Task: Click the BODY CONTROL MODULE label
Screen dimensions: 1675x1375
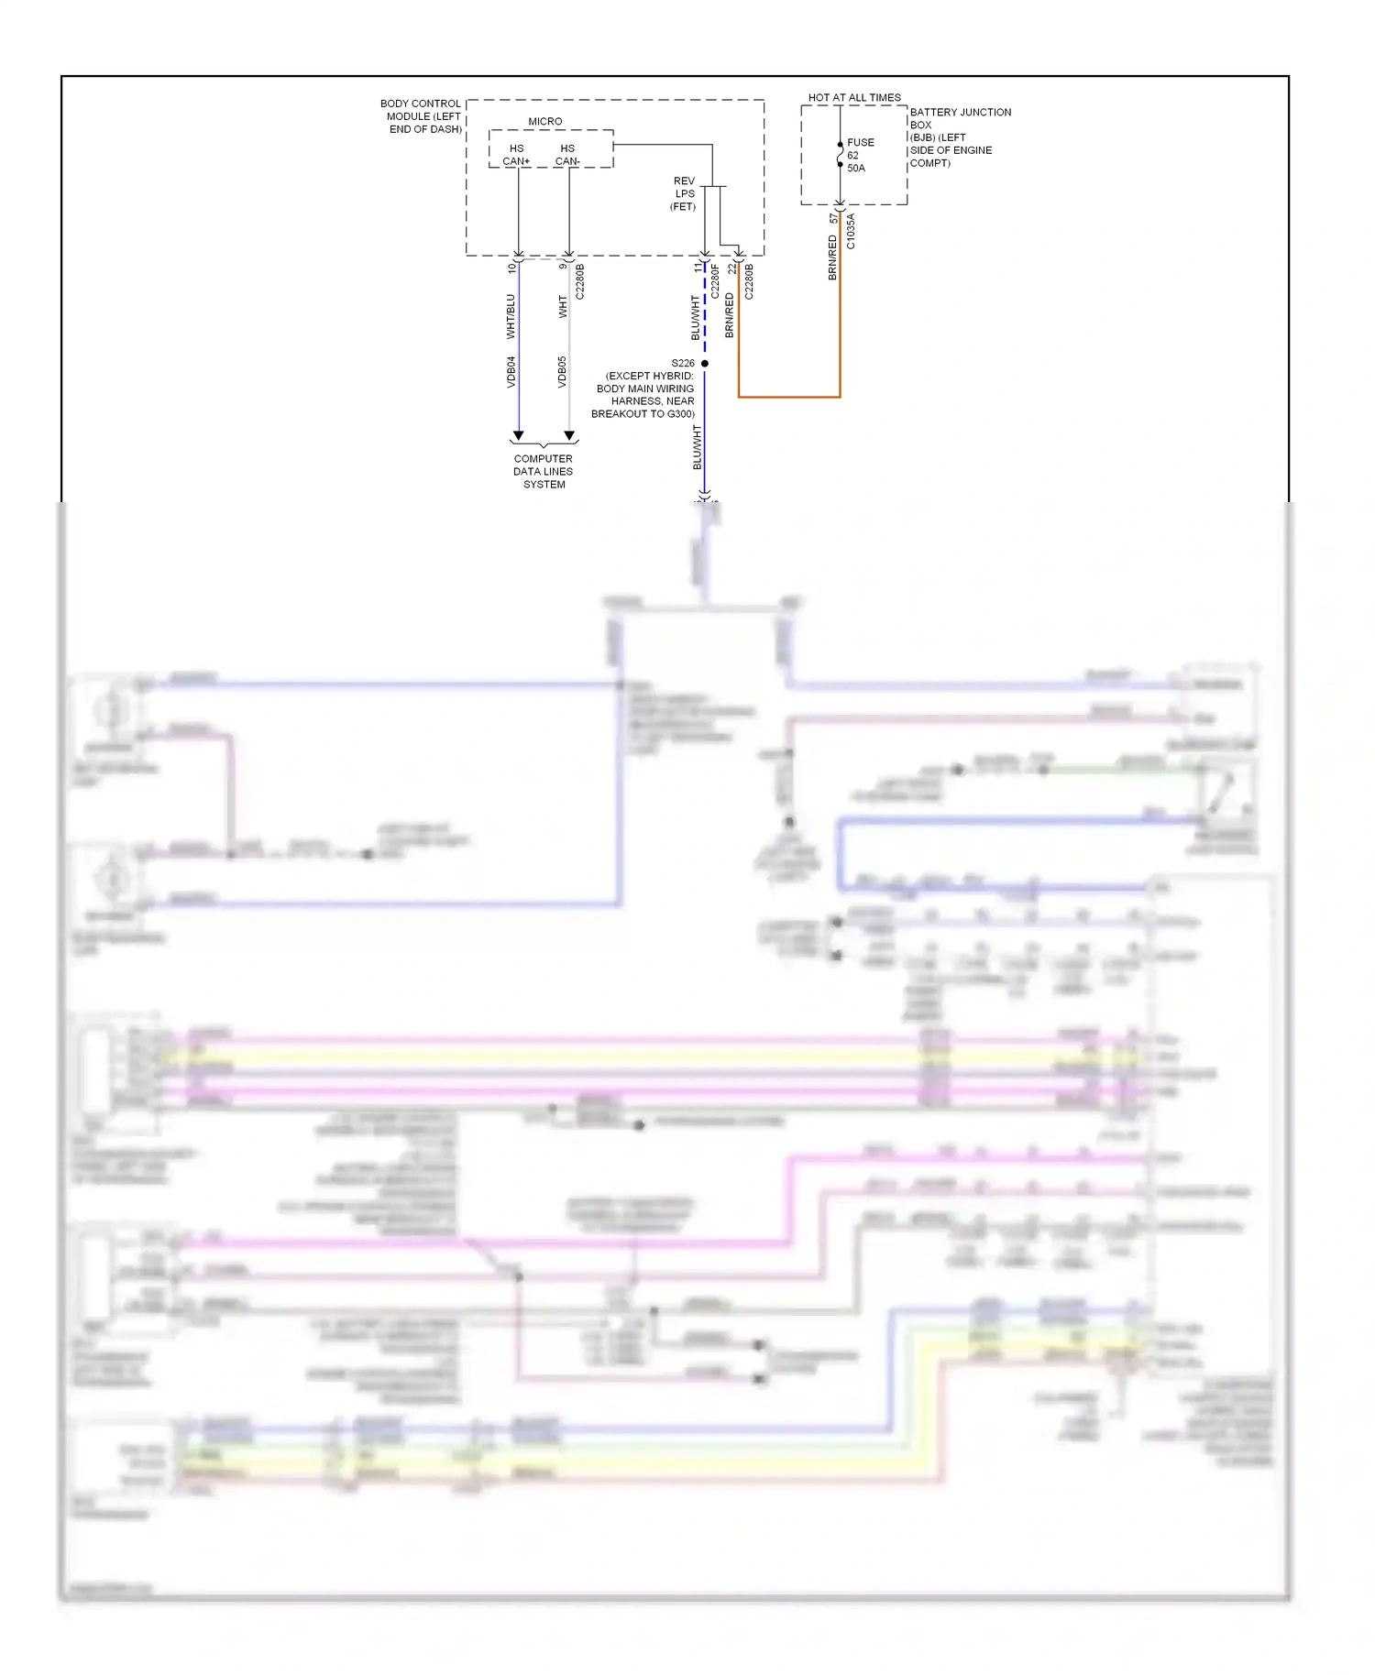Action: (421, 116)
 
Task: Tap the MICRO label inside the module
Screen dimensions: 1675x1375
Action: (544, 121)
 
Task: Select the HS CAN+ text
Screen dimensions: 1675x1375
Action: (516, 154)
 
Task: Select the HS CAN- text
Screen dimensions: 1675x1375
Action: (567, 154)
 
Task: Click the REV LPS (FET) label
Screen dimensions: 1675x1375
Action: (684, 193)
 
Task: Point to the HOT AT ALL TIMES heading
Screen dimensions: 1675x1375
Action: (853, 97)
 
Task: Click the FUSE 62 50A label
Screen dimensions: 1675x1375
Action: (860, 155)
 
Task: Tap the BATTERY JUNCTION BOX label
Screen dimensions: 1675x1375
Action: (959, 137)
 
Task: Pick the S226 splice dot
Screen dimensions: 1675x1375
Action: (704, 364)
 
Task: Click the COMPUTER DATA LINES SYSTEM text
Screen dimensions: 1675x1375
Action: (543, 471)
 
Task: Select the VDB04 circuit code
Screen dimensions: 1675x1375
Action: (511, 372)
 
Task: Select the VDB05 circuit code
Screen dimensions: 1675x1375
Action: (562, 372)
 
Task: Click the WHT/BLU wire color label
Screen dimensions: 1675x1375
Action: (511, 316)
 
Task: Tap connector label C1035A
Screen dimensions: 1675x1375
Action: (851, 232)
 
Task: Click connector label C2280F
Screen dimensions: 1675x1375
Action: (715, 281)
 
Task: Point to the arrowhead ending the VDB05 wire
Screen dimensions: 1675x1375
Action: (569, 436)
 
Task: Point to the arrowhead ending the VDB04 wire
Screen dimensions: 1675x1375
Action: (518, 436)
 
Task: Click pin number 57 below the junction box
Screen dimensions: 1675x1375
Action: (832, 218)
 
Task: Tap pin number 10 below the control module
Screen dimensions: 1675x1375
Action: (511, 268)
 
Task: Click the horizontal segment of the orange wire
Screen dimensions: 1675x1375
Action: (788, 397)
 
